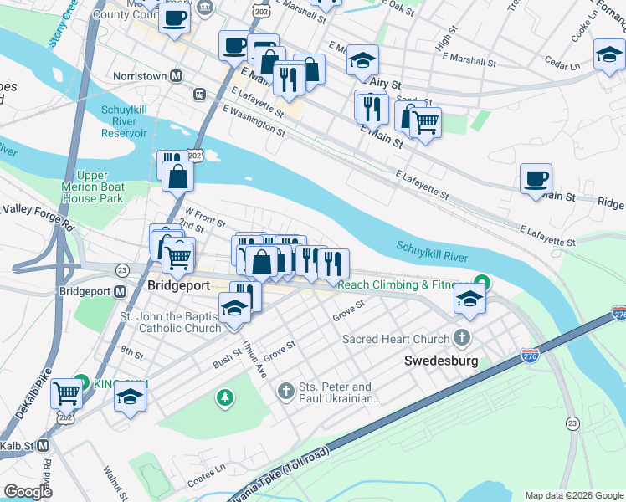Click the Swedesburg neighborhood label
click(441, 361)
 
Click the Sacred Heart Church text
click(396, 339)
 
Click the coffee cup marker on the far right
click(536, 179)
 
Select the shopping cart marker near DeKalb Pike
click(66, 392)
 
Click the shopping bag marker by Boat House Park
click(178, 177)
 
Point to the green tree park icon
click(224, 397)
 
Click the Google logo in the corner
click(28, 492)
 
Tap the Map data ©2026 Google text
click(574, 494)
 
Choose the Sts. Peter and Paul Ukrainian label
click(335, 392)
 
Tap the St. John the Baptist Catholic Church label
click(170, 322)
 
